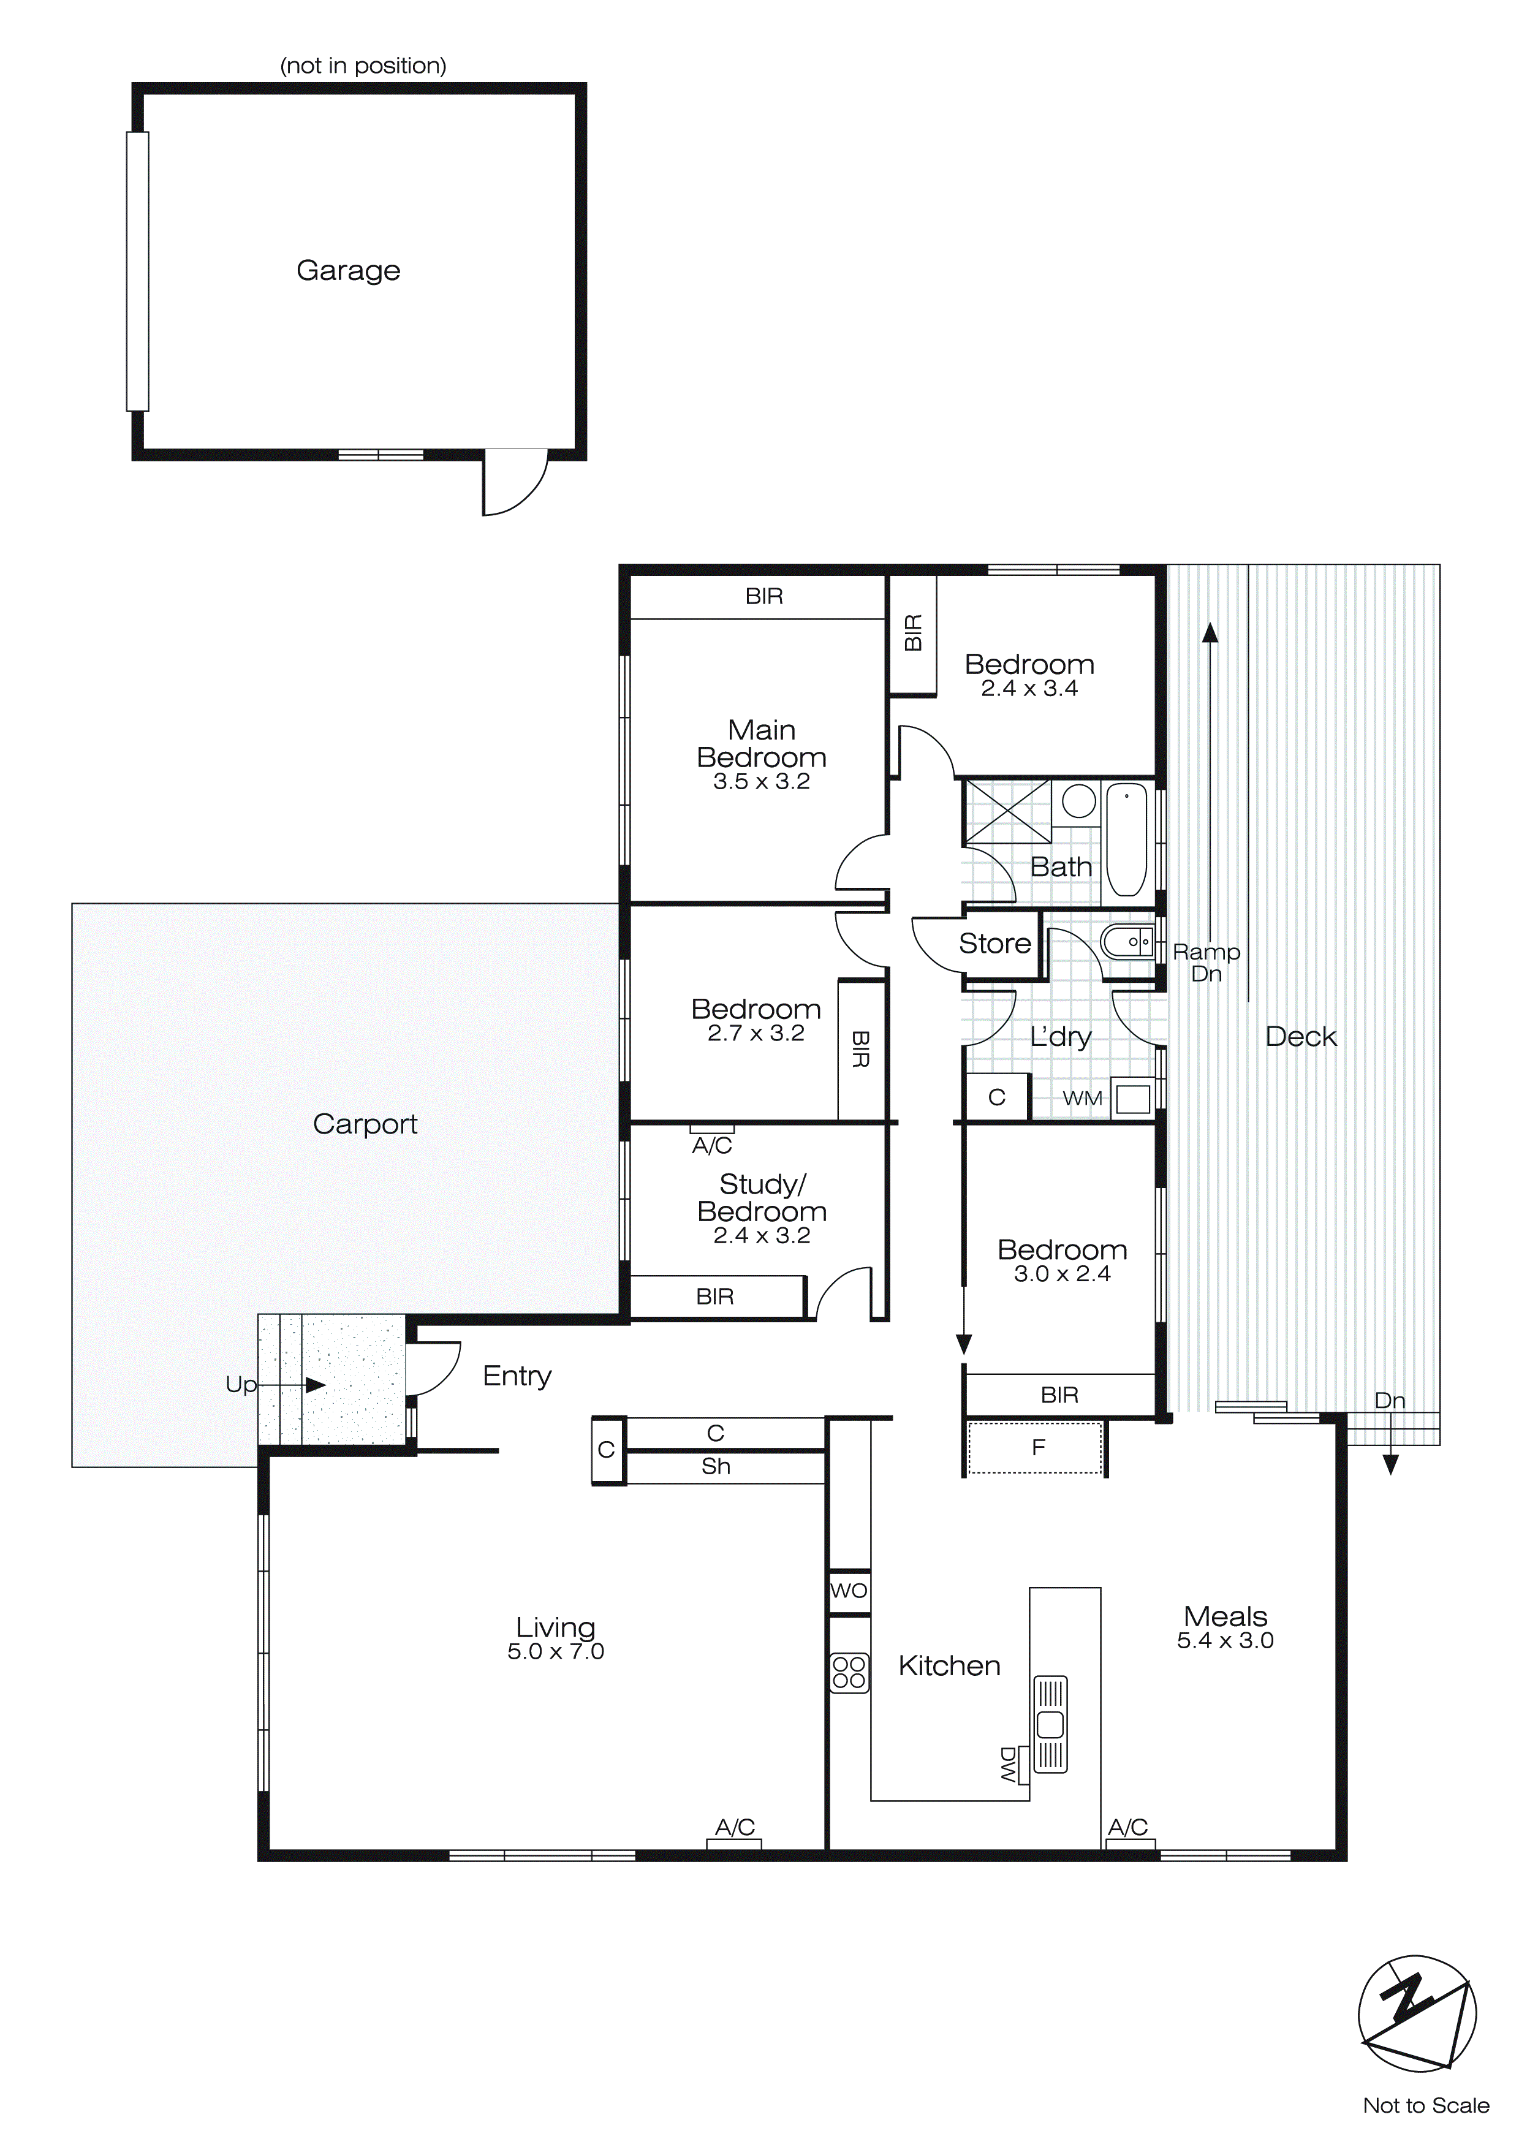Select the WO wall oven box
tap(849, 1591)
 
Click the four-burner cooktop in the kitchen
tap(849, 1672)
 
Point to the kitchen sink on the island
tap(1050, 1724)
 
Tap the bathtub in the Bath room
tap(1126, 839)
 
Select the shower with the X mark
tap(1007, 811)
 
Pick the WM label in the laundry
tap(1082, 1099)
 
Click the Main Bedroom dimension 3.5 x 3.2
tap(762, 782)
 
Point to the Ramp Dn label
tap(1206, 962)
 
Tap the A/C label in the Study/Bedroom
tap(712, 1146)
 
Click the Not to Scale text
tap(1425, 2106)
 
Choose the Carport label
tap(365, 1123)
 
